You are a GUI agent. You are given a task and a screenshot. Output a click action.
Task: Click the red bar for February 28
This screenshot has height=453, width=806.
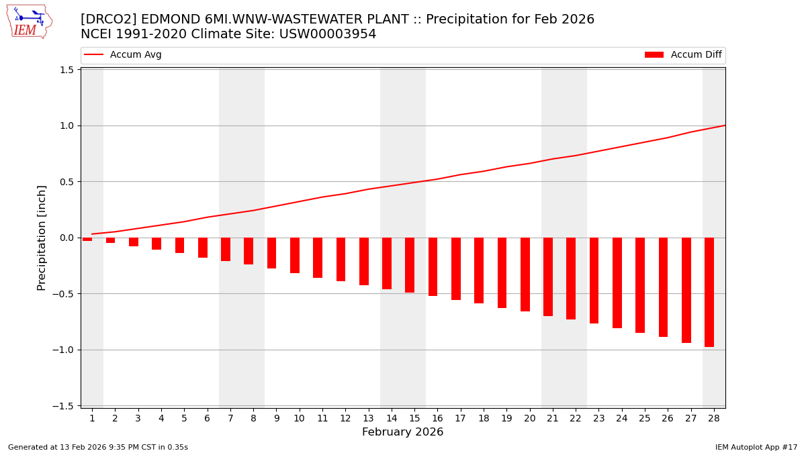pyautogui.click(x=709, y=292)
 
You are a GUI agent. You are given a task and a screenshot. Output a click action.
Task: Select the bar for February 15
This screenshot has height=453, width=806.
pyautogui.click(x=410, y=265)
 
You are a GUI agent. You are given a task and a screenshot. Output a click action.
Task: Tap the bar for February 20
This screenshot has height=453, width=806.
pyautogui.click(x=525, y=274)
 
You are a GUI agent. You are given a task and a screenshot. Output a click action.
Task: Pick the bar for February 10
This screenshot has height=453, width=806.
pyautogui.click(x=295, y=255)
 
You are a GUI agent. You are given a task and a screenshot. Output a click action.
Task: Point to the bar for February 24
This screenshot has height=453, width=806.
pyautogui.click(x=617, y=283)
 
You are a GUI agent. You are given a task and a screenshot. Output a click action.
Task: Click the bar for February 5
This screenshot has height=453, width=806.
pyautogui.click(x=179, y=245)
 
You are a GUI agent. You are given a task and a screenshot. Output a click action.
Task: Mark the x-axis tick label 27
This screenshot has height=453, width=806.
pyautogui.click(x=690, y=419)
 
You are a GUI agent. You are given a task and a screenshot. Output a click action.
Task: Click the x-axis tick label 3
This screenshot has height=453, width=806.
pyautogui.click(x=138, y=419)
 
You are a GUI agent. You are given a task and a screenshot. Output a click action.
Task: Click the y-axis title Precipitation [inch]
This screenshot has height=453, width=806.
pyautogui.click(x=42, y=238)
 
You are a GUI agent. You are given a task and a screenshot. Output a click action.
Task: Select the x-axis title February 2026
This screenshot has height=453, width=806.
pyautogui.click(x=402, y=432)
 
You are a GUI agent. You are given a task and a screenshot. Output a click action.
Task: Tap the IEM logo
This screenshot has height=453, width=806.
pyautogui.click(x=29, y=21)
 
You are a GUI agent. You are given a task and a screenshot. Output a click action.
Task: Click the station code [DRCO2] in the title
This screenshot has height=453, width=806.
pyautogui.click(x=108, y=19)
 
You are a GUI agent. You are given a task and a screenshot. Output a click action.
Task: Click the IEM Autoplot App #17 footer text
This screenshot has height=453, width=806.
pyautogui.click(x=756, y=447)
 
